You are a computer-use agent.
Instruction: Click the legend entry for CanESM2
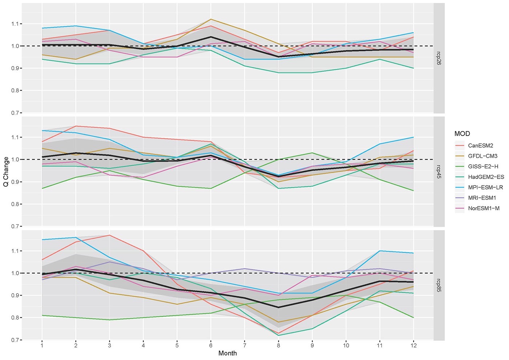click(480, 145)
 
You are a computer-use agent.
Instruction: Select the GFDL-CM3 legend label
click(482, 156)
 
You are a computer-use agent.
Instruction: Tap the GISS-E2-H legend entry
click(483, 167)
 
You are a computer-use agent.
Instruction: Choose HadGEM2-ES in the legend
click(486, 177)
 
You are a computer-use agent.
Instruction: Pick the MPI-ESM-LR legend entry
click(485, 187)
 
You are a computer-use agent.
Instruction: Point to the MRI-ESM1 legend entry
click(482, 198)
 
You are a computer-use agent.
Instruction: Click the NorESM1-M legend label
click(484, 208)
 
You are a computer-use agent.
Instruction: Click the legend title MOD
click(462, 133)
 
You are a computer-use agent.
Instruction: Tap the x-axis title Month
click(228, 353)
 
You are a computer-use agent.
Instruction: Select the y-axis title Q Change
click(6, 172)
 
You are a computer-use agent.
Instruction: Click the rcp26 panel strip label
click(439, 58)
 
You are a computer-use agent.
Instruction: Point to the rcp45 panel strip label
click(439, 171)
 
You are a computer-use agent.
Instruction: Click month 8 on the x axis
click(278, 345)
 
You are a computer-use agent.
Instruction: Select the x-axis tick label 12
click(414, 345)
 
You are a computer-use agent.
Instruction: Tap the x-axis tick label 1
click(42, 345)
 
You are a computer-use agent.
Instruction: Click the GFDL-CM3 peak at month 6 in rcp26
click(211, 19)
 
